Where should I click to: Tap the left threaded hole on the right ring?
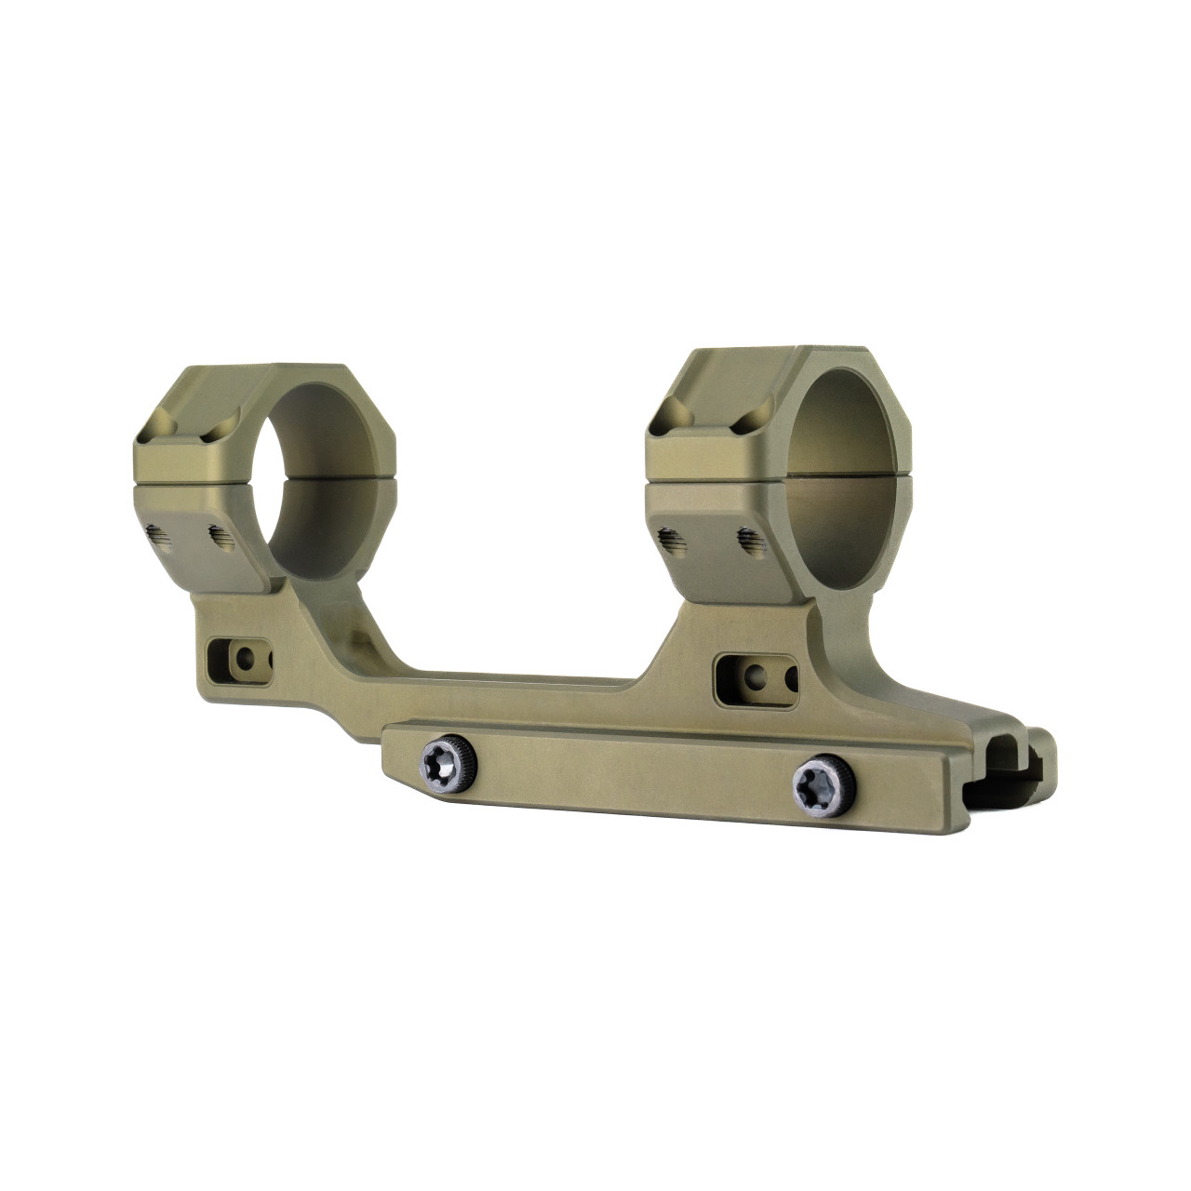tap(667, 538)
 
